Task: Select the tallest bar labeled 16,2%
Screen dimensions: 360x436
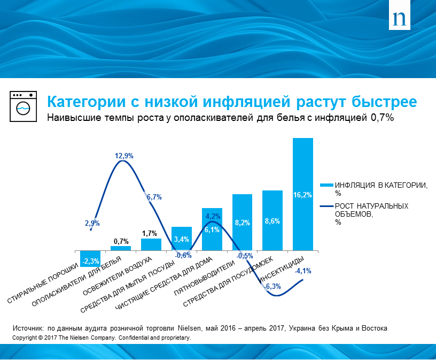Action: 303,194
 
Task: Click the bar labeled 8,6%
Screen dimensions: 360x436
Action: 272,220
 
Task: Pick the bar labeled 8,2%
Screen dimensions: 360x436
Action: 242,222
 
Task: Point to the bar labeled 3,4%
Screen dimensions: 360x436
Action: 181,239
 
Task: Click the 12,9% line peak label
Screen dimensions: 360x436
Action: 124,156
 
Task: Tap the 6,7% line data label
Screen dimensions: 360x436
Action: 154,197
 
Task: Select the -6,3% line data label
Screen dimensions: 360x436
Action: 272,287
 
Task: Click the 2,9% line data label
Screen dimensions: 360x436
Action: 92,223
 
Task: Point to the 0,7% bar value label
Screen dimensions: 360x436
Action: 120,241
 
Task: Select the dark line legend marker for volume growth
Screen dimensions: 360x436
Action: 326,205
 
